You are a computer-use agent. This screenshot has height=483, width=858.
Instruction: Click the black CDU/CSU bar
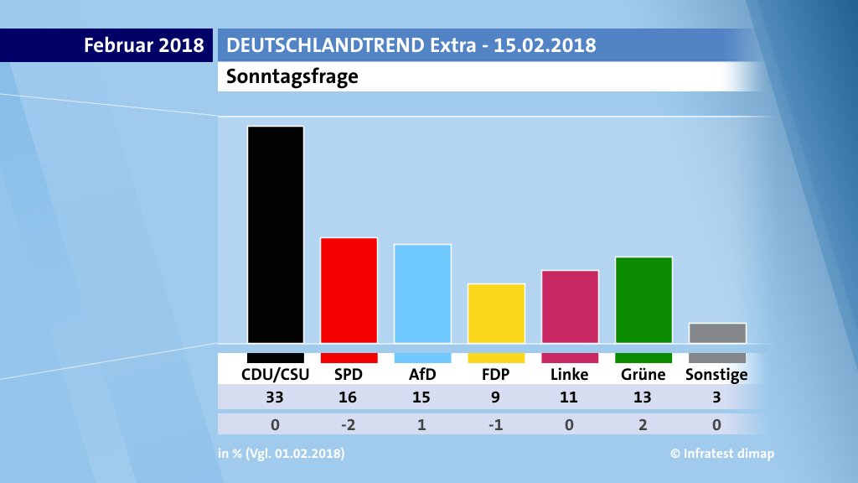point(275,234)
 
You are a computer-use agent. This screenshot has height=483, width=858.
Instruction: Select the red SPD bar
point(349,290)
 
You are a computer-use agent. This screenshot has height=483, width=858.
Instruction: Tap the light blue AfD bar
point(422,293)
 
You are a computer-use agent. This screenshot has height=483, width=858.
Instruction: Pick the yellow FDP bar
point(496,313)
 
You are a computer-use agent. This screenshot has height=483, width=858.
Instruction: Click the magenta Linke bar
point(570,306)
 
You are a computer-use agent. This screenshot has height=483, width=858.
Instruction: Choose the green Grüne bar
point(643,299)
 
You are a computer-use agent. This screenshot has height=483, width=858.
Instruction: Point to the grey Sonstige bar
point(717,333)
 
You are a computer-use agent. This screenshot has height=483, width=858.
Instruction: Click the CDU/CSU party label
point(275,374)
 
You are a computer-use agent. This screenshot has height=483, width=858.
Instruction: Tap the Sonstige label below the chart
point(716,375)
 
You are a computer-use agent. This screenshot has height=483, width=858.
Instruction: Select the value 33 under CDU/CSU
point(275,397)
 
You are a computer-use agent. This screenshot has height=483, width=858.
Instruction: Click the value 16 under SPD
point(349,397)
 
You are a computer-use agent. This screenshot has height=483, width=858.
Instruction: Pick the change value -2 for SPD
point(349,424)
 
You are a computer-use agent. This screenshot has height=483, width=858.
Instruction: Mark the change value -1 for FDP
point(496,424)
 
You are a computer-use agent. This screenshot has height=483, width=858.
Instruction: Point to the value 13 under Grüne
point(643,397)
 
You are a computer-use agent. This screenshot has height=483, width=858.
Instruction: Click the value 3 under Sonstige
point(717,397)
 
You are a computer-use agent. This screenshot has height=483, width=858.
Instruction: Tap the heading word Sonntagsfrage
point(292,77)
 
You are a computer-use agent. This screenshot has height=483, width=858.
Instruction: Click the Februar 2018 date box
point(143,45)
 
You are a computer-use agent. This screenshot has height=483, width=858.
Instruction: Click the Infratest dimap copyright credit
point(722,454)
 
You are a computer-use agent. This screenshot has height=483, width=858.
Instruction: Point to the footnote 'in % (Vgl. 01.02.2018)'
point(281,454)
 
